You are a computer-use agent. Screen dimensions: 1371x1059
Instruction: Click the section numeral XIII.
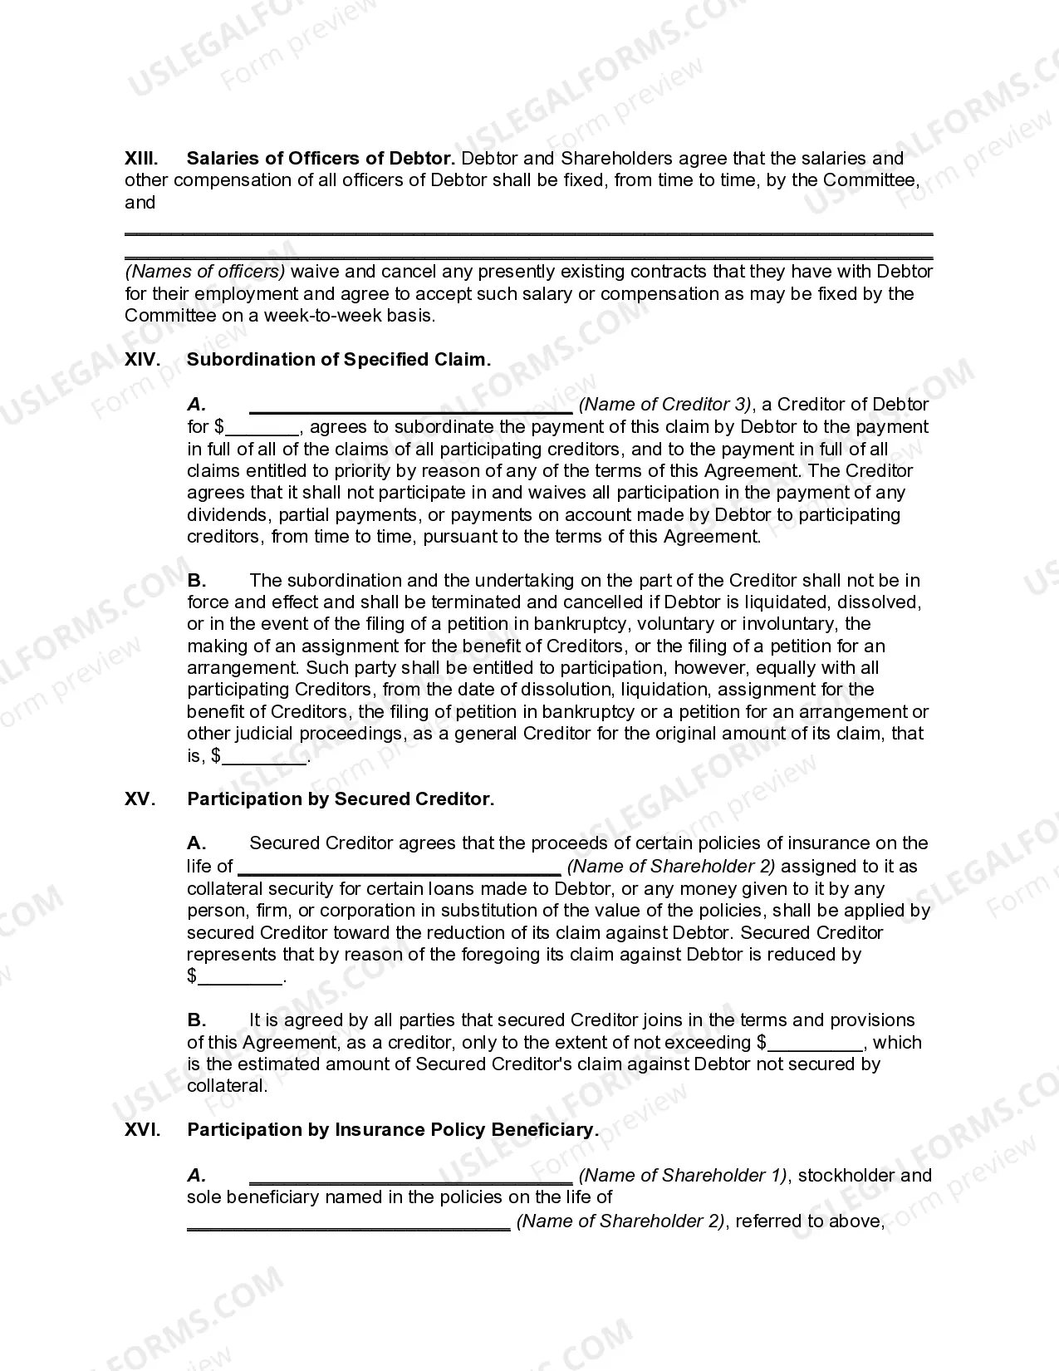tap(141, 158)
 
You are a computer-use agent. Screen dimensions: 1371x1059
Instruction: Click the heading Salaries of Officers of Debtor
tap(320, 158)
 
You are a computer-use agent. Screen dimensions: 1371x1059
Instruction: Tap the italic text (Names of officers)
tap(205, 272)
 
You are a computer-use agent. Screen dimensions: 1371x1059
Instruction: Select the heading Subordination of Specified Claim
tap(338, 360)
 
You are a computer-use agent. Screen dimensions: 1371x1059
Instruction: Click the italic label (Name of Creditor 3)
tap(665, 405)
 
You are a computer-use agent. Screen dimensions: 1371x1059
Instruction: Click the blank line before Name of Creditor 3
tap(410, 407)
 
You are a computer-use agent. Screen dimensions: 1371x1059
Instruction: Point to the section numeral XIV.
tap(141, 360)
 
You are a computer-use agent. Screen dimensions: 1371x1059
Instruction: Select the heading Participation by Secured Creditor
tap(341, 799)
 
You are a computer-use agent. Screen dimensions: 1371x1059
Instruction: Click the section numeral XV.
tap(140, 799)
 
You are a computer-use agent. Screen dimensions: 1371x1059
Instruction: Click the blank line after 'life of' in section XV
tap(400, 869)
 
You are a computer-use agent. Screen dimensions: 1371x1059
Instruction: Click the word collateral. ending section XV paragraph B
tap(227, 1086)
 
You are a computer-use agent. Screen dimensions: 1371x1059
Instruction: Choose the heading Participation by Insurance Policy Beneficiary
tap(392, 1130)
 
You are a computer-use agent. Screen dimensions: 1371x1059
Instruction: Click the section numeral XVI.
tap(141, 1130)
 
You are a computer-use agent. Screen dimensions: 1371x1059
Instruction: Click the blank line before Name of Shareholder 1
tap(410, 1178)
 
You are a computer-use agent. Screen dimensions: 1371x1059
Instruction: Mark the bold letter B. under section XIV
tap(197, 580)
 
